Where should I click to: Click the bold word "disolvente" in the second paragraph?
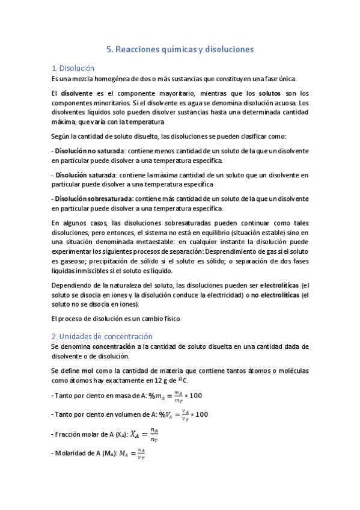(77, 93)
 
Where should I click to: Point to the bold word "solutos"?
(269, 93)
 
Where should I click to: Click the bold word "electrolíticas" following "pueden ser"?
(279, 284)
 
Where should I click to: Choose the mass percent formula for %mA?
(178, 395)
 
